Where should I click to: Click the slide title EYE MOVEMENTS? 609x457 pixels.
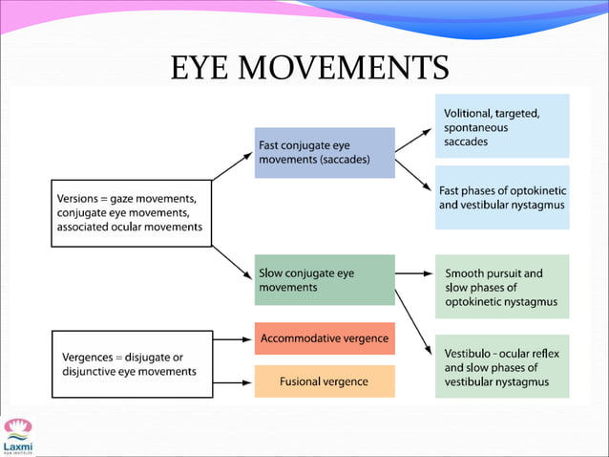[x=308, y=68]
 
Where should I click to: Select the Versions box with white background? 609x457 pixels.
[x=130, y=212]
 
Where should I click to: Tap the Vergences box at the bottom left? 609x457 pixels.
[x=130, y=363]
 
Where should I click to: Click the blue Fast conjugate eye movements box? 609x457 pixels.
[x=325, y=153]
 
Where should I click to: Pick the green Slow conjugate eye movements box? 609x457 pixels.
[x=325, y=280]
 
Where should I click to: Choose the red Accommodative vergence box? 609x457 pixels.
[x=325, y=338]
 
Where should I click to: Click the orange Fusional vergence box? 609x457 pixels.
[x=325, y=381]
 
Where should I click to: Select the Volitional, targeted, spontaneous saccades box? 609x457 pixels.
[x=502, y=126]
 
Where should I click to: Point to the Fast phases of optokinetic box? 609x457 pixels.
[x=502, y=197]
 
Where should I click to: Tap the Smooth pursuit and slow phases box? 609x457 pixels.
[x=502, y=287]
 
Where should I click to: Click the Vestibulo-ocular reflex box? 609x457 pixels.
[x=502, y=366]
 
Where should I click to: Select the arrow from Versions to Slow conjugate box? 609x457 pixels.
[x=232, y=261]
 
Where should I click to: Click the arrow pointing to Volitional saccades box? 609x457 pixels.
[x=412, y=140]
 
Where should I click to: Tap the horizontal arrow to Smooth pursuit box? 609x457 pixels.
[x=412, y=273]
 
